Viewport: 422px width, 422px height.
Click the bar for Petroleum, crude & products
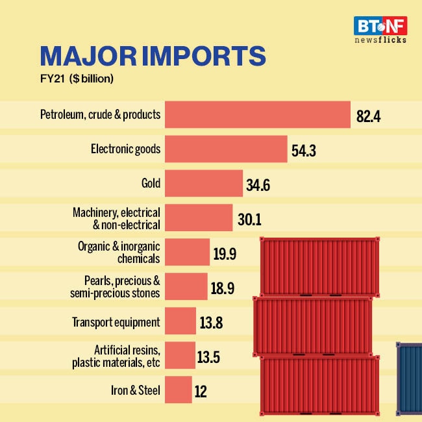coord(257,116)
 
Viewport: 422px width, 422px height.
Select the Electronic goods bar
coord(226,149)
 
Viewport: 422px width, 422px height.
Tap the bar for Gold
coord(203,184)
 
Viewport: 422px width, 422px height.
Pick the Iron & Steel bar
coord(178,390)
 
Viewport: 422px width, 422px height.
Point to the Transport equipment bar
coord(180,321)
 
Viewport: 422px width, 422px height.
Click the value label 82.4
coord(368,117)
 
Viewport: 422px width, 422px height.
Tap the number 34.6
coord(258,186)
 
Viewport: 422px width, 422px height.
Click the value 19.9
coord(224,254)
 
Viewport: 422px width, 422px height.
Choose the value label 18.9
coord(223,288)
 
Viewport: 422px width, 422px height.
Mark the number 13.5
coord(210,356)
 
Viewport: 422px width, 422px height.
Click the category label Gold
coord(151,184)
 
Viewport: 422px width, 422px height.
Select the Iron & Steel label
coord(136,391)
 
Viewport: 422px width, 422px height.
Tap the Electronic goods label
coord(125,149)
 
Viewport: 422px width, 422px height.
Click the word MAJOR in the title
coord(87,57)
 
